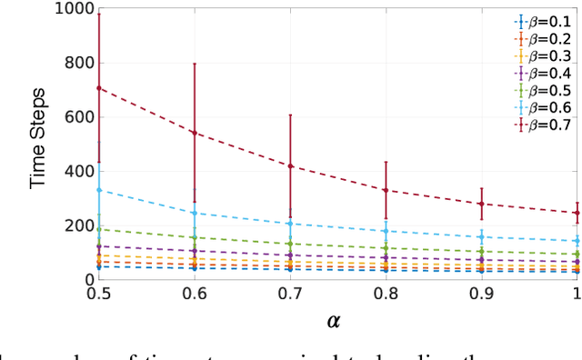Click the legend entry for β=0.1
coord(543,20)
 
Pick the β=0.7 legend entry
coord(543,126)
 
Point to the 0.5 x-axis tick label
coord(98,295)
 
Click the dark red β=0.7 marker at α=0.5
coord(98,88)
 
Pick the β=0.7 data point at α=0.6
coord(194,133)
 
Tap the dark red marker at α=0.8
coord(386,190)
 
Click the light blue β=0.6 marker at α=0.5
coord(98,190)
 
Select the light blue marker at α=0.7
coord(290,224)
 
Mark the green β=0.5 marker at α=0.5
coord(98,229)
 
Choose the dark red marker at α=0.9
coord(481,204)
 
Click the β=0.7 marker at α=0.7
coord(290,166)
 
